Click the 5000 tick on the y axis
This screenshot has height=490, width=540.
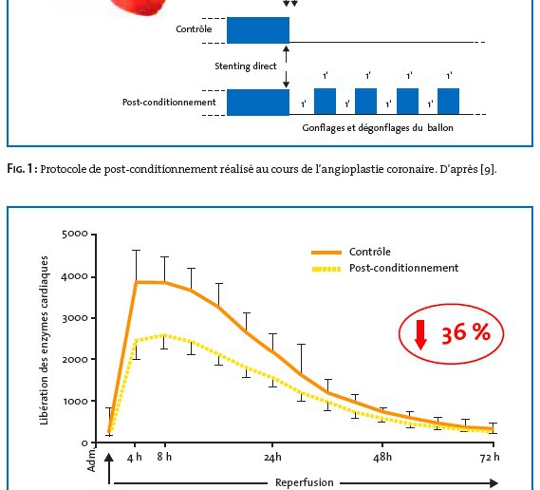tap(75, 234)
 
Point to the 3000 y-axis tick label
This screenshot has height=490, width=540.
tap(75, 318)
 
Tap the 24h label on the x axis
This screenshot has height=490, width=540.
tap(272, 457)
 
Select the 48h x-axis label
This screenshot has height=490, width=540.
tap(382, 457)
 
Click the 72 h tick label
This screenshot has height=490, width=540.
tap(490, 457)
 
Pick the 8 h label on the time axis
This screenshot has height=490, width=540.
tap(164, 457)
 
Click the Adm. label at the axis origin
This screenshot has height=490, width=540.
tap(91, 461)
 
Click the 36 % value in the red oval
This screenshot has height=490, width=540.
tap(466, 333)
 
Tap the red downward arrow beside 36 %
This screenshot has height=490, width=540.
tap(420, 334)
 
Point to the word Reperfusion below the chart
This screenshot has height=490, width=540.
tap(305, 482)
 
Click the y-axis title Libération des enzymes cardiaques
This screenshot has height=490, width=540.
tap(44, 341)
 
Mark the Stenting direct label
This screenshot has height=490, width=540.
tap(246, 66)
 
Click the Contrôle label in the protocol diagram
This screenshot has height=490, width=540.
tap(194, 28)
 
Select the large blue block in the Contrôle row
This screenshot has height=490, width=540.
tap(258, 30)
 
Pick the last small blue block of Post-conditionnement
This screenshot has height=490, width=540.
tap(448, 102)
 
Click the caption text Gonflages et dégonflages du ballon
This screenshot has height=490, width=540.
tap(378, 128)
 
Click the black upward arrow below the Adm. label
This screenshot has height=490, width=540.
tap(109, 468)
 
